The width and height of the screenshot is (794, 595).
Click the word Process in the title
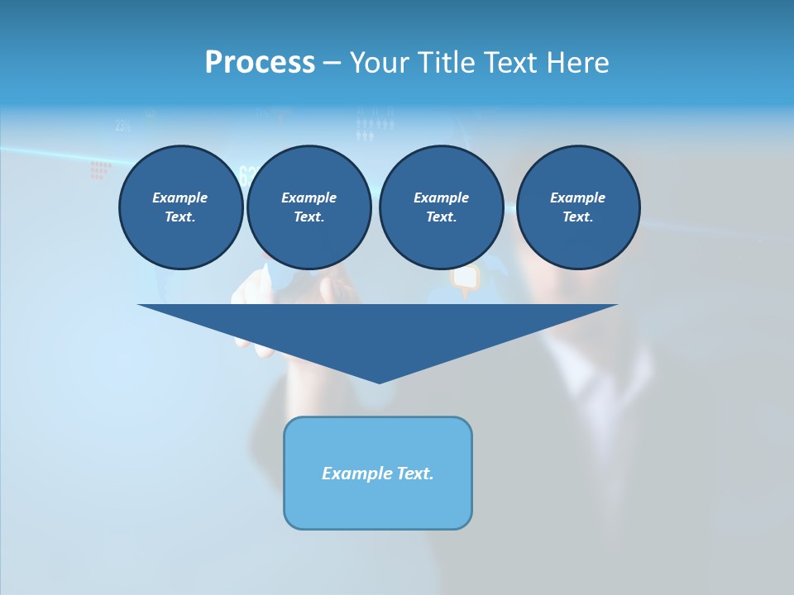[260, 62]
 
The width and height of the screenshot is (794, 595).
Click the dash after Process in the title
[332, 64]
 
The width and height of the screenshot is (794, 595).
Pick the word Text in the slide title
[514, 62]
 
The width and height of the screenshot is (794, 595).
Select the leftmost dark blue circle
[181, 207]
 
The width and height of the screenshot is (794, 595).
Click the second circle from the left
[309, 207]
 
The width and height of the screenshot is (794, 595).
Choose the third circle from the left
[442, 207]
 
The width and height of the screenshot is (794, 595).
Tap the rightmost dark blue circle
[578, 207]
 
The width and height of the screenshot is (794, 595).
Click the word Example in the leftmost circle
[180, 198]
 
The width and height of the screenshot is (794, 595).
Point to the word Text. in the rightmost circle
[578, 217]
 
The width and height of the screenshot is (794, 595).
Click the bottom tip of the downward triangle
[379, 382]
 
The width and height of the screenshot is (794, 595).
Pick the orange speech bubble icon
[465, 279]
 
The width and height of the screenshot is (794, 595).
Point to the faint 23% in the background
[124, 126]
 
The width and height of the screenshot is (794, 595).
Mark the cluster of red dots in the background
[100, 170]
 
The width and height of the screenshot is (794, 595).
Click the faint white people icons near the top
[375, 127]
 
